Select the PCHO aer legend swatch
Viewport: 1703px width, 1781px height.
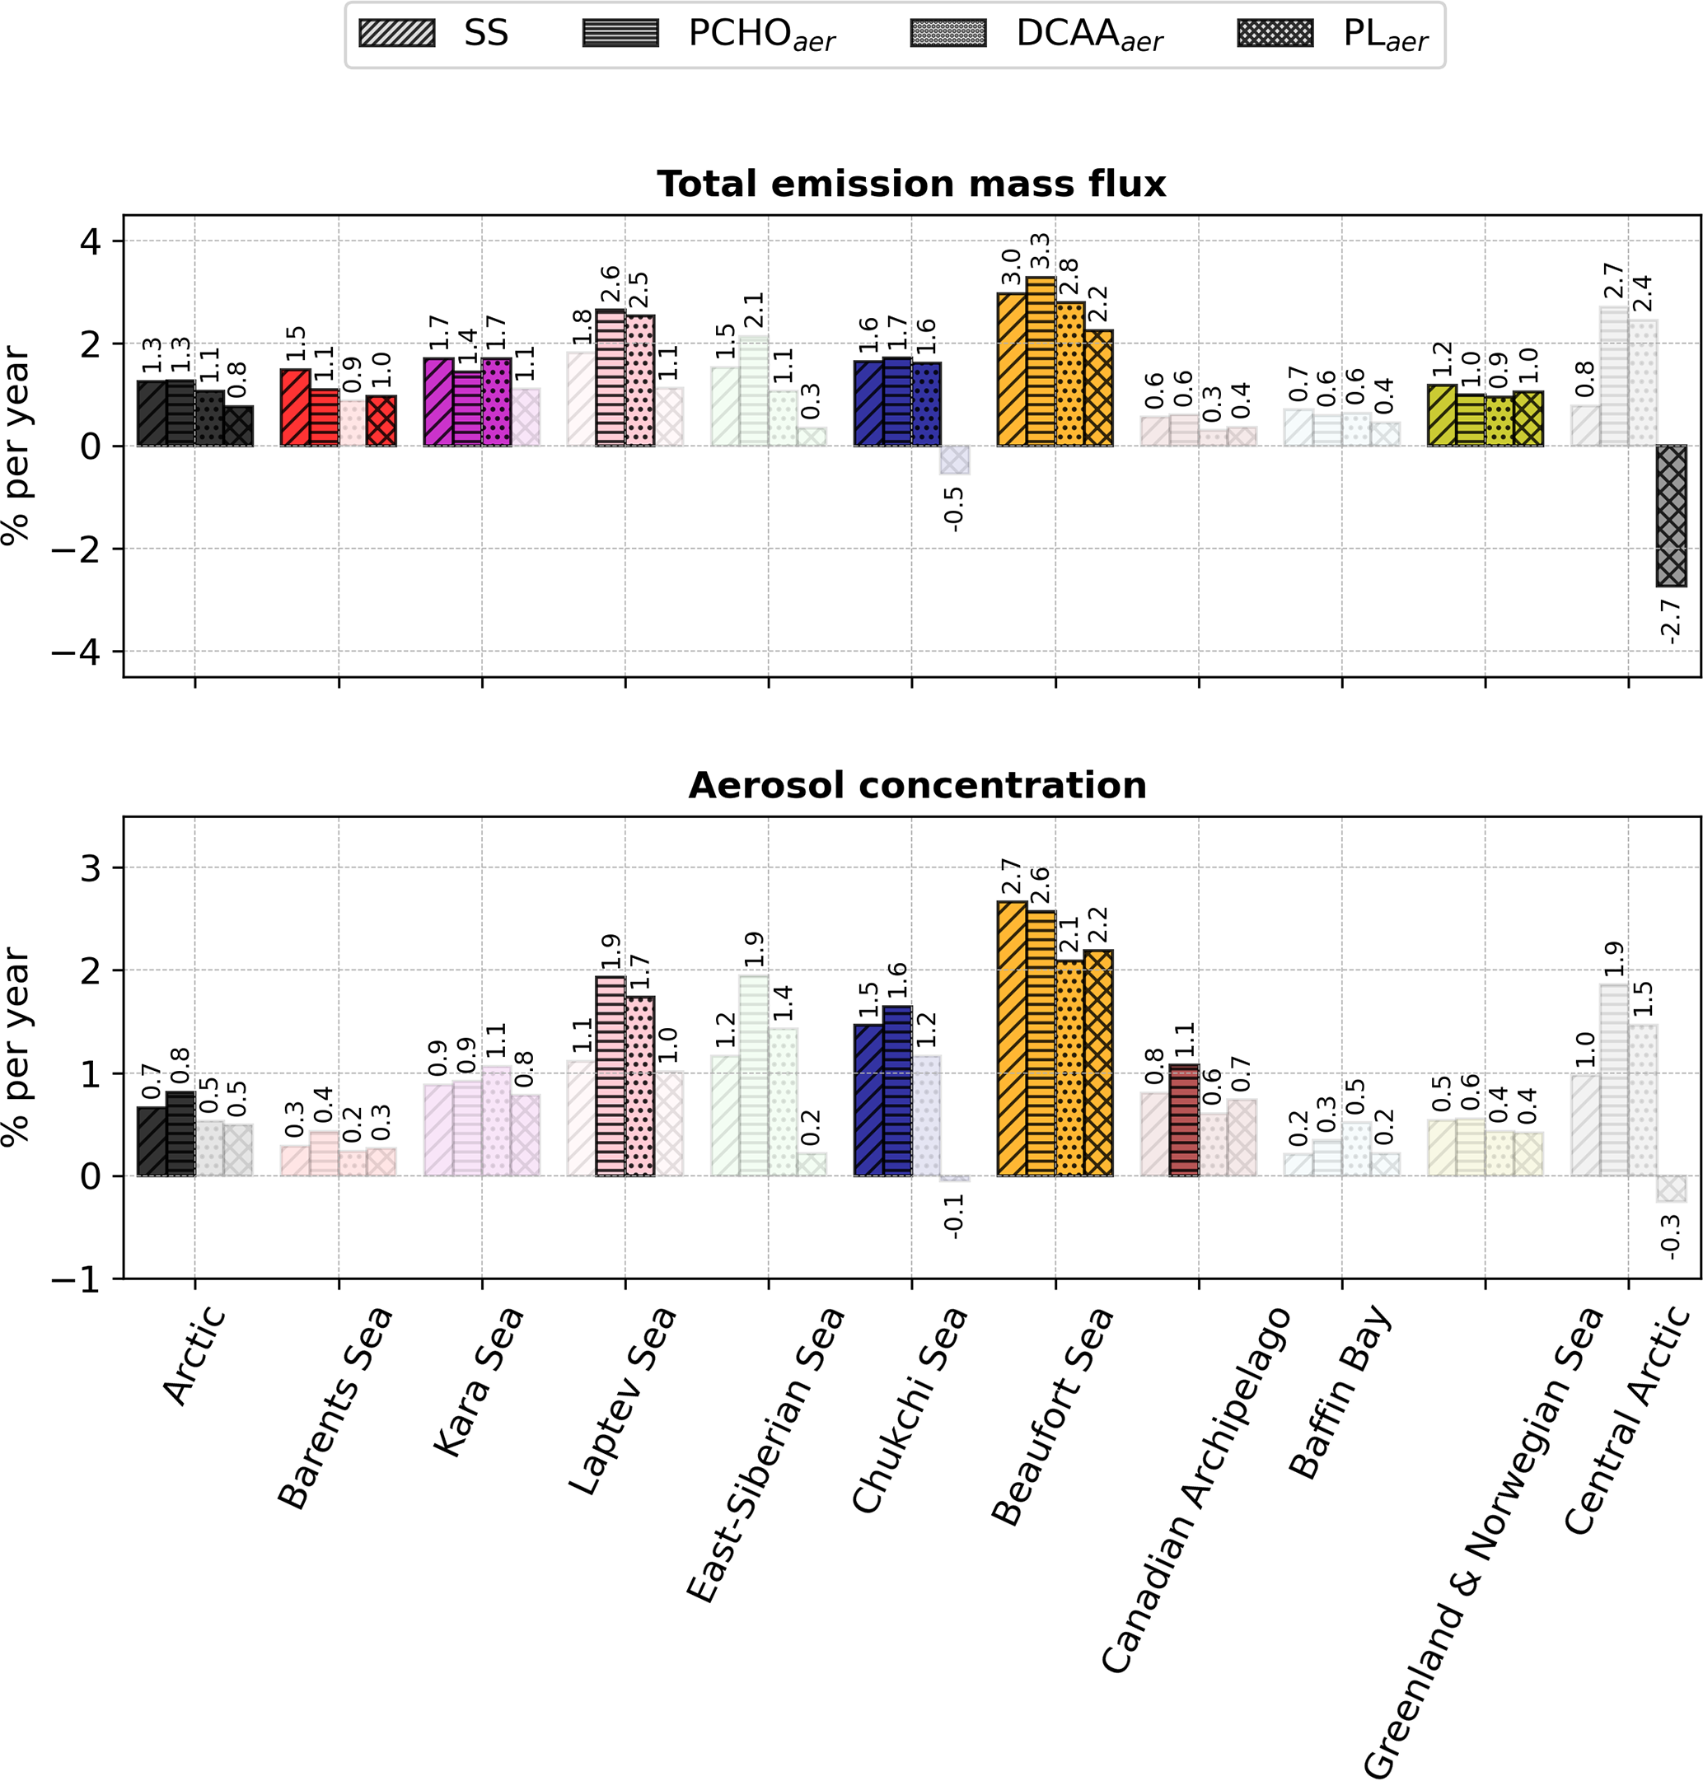pyautogui.click(x=620, y=34)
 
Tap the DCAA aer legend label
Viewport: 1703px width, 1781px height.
pyautogui.click(x=1088, y=35)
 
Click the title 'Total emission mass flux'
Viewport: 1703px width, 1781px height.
pyautogui.click(x=910, y=185)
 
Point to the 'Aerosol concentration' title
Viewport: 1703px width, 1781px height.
pyautogui.click(x=917, y=785)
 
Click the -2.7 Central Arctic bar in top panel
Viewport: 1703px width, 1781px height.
pyautogui.click(x=1670, y=516)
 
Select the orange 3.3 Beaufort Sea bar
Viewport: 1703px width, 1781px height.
pyautogui.click(x=1041, y=362)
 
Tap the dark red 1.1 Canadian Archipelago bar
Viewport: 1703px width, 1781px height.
pyautogui.click(x=1184, y=1120)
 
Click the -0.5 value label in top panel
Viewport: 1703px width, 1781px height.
pyautogui.click(x=953, y=508)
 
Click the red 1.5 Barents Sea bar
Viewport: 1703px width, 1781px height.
pyautogui.click(x=295, y=408)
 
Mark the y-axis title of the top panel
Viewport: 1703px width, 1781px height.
pyautogui.click(x=16, y=445)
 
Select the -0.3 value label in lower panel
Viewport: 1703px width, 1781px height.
pyautogui.click(x=1670, y=1236)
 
